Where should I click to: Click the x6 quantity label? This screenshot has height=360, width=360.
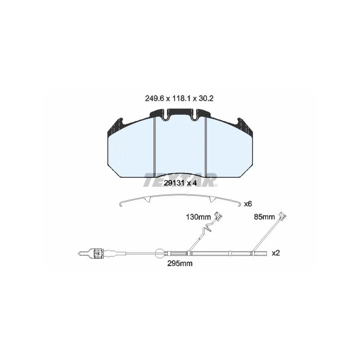coord(248,204)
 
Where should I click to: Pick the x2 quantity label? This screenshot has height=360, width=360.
coord(276,253)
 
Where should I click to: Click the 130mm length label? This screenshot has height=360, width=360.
coord(198,217)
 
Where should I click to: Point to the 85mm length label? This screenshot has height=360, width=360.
coord(264,217)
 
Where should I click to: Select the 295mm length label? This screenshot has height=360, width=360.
coord(180,263)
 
